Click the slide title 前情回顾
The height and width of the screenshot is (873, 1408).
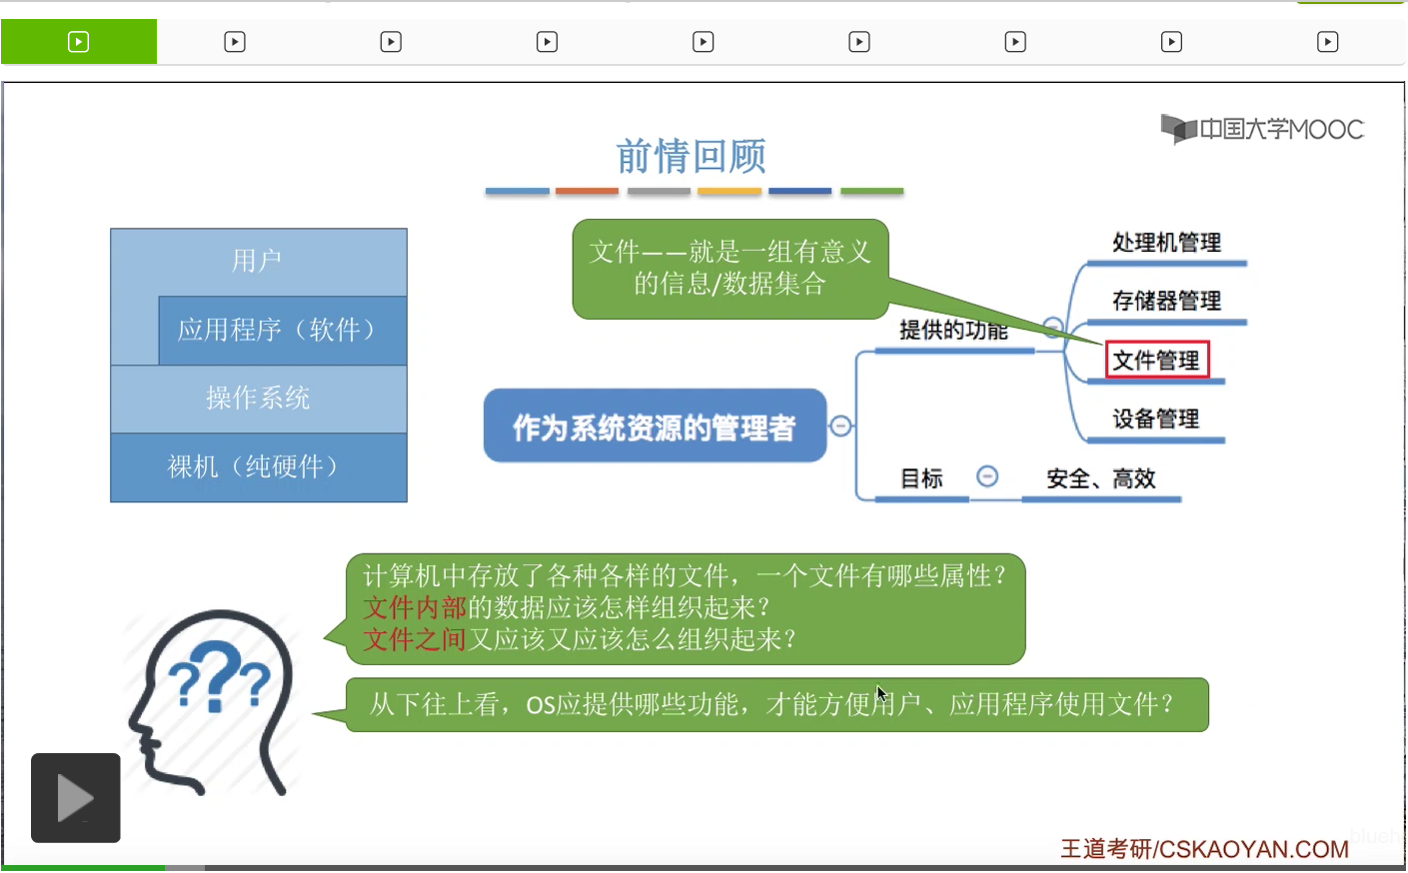691,156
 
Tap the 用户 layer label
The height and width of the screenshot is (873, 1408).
257,261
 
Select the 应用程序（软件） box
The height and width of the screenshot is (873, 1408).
282,330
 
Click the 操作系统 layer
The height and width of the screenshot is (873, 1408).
258,398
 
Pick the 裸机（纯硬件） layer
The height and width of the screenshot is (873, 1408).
258,466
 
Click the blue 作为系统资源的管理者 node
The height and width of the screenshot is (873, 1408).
655,427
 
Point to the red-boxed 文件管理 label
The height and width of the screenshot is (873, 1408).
1156,361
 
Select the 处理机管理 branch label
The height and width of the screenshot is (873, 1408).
1166,243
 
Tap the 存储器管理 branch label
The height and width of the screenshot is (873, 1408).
1166,301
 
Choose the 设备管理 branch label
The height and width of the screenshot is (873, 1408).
1155,419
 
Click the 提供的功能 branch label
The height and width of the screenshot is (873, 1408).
952,331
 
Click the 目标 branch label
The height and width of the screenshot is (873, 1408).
921,478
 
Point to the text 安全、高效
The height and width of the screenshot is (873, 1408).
1100,478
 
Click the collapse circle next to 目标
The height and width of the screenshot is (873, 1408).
987,476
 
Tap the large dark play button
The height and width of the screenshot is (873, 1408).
76,797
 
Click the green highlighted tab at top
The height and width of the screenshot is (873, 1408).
79,42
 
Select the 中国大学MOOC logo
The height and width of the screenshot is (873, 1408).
1262,129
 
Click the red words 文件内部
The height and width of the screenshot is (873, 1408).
415,607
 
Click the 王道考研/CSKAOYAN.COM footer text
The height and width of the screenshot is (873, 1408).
1204,849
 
